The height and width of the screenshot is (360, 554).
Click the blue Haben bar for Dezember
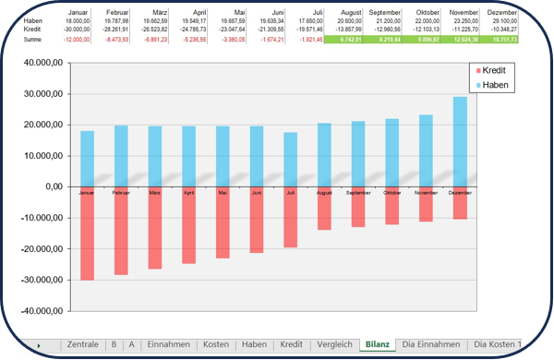pyautogui.click(x=459, y=141)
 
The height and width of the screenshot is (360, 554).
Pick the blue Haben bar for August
pyautogui.click(x=324, y=154)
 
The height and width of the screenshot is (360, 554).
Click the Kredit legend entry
pyautogui.click(x=492, y=70)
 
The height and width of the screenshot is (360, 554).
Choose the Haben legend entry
pyautogui.click(x=492, y=85)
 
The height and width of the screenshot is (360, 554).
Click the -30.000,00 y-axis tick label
pyautogui.click(x=42, y=280)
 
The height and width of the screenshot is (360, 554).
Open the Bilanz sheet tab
pyautogui.click(x=377, y=344)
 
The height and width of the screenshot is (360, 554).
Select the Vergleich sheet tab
pyautogui.click(x=333, y=344)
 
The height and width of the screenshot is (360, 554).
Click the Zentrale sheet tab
pyautogui.click(x=84, y=344)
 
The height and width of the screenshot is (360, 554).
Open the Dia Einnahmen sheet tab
pyautogui.click(x=430, y=344)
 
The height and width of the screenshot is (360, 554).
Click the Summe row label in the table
pyautogui.click(x=31, y=40)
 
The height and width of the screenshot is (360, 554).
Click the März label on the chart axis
pyautogui.click(x=154, y=194)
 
